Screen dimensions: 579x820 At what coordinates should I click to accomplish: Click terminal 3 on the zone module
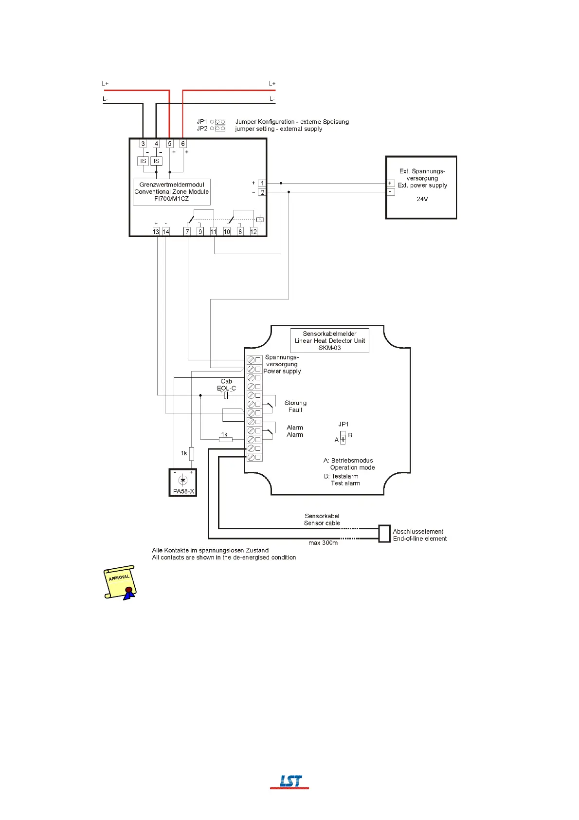tap(143, 144)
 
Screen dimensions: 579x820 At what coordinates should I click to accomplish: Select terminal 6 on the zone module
tap(183, 144)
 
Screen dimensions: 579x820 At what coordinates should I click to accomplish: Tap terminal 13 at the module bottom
tap(156, 232)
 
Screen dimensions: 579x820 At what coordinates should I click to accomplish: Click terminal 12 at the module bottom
tap(253, 232)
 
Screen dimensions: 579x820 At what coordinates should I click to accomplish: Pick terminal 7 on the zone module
tap(187, 232)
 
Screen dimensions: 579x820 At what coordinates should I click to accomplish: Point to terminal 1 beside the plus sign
tap(262, 184)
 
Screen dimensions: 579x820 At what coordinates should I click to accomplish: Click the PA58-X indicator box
tap(183, 482)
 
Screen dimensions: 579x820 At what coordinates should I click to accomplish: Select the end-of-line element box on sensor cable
tap(384, 534)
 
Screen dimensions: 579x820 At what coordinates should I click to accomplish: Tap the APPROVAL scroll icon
tap(120, 582)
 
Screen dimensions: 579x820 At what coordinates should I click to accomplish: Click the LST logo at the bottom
tap(290, 782)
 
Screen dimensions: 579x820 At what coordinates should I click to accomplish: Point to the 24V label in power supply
tap(422, 199)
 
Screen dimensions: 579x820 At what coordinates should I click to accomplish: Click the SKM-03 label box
tap(329, 341)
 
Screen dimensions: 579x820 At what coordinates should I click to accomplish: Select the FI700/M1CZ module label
tap(172, 192)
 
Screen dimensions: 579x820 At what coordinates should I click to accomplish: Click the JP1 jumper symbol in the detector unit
tap(343, 437)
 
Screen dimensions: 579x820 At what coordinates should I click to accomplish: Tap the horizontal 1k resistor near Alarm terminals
tap(226, 440)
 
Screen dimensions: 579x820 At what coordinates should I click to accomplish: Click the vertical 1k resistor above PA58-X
tap(192, 453)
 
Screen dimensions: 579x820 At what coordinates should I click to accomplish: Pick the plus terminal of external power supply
tap(390, 184)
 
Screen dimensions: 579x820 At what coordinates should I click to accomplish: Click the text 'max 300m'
tap(323, 542)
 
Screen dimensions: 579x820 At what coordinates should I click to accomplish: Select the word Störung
tap(295, 403)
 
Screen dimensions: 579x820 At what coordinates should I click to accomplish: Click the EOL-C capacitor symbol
tap(226, 395)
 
